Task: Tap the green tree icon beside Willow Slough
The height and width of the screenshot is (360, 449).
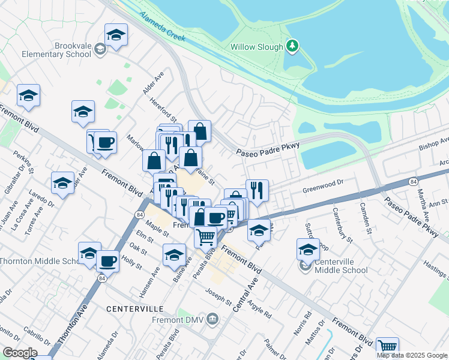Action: pyautogui.click(x=292, y=46)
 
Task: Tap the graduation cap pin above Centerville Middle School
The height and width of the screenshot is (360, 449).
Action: pyautogui.click(x=308, y=249)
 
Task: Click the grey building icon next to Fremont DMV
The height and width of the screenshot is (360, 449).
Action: pyautogui.click(x=211, y=319)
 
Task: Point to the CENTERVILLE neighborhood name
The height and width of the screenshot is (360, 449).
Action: pyautogui.click(x=135, y=308)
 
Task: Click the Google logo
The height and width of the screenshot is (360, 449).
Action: pyautogui.click(x=20, y=353)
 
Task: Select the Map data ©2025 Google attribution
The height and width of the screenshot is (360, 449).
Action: pyautogui.click(x=411, y=355)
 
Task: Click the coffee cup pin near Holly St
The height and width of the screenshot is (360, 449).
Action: pyautogui.click(x=107, y=262)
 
